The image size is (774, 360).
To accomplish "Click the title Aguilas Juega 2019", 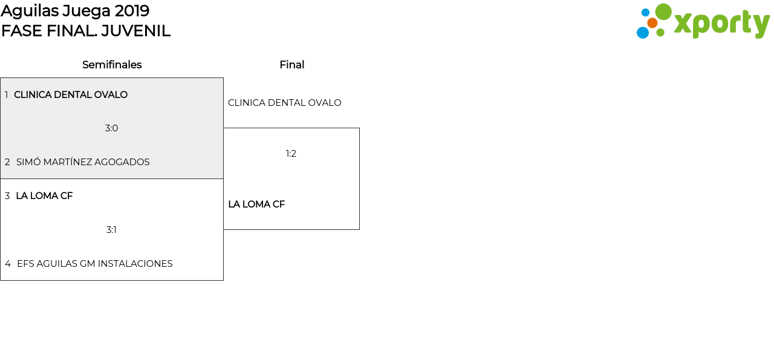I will coord(75,11).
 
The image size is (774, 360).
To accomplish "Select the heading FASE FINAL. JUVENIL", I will coord(85,31).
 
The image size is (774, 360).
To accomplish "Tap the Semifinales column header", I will coord(112,65).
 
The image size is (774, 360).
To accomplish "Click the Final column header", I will coord(291,65).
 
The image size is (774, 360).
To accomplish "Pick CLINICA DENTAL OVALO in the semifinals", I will coord(71,95).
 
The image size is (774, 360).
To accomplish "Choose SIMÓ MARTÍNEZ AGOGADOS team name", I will coord(83,162).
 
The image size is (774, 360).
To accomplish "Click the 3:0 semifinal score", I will coord(111,128).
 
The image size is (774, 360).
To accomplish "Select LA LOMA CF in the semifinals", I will coord(44,196).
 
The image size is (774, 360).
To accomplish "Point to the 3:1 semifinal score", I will coord(111,230).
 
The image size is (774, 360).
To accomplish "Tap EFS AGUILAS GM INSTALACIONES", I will coord(95,264).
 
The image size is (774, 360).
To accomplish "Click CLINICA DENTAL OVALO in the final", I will coord(284,103).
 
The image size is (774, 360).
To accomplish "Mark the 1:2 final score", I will coord(291,154).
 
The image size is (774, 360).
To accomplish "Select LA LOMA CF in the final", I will coord(256,205).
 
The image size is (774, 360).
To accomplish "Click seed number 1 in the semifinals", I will coord(7,95).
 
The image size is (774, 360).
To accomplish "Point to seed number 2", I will coord(7,162).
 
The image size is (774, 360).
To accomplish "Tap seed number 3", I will coord(7,196).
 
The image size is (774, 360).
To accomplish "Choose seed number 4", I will coord(7,264).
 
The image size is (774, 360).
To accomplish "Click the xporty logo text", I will coord(721,24).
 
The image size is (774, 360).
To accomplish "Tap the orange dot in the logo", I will coord(652,23).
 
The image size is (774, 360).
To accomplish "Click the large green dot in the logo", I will coord(663,11).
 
